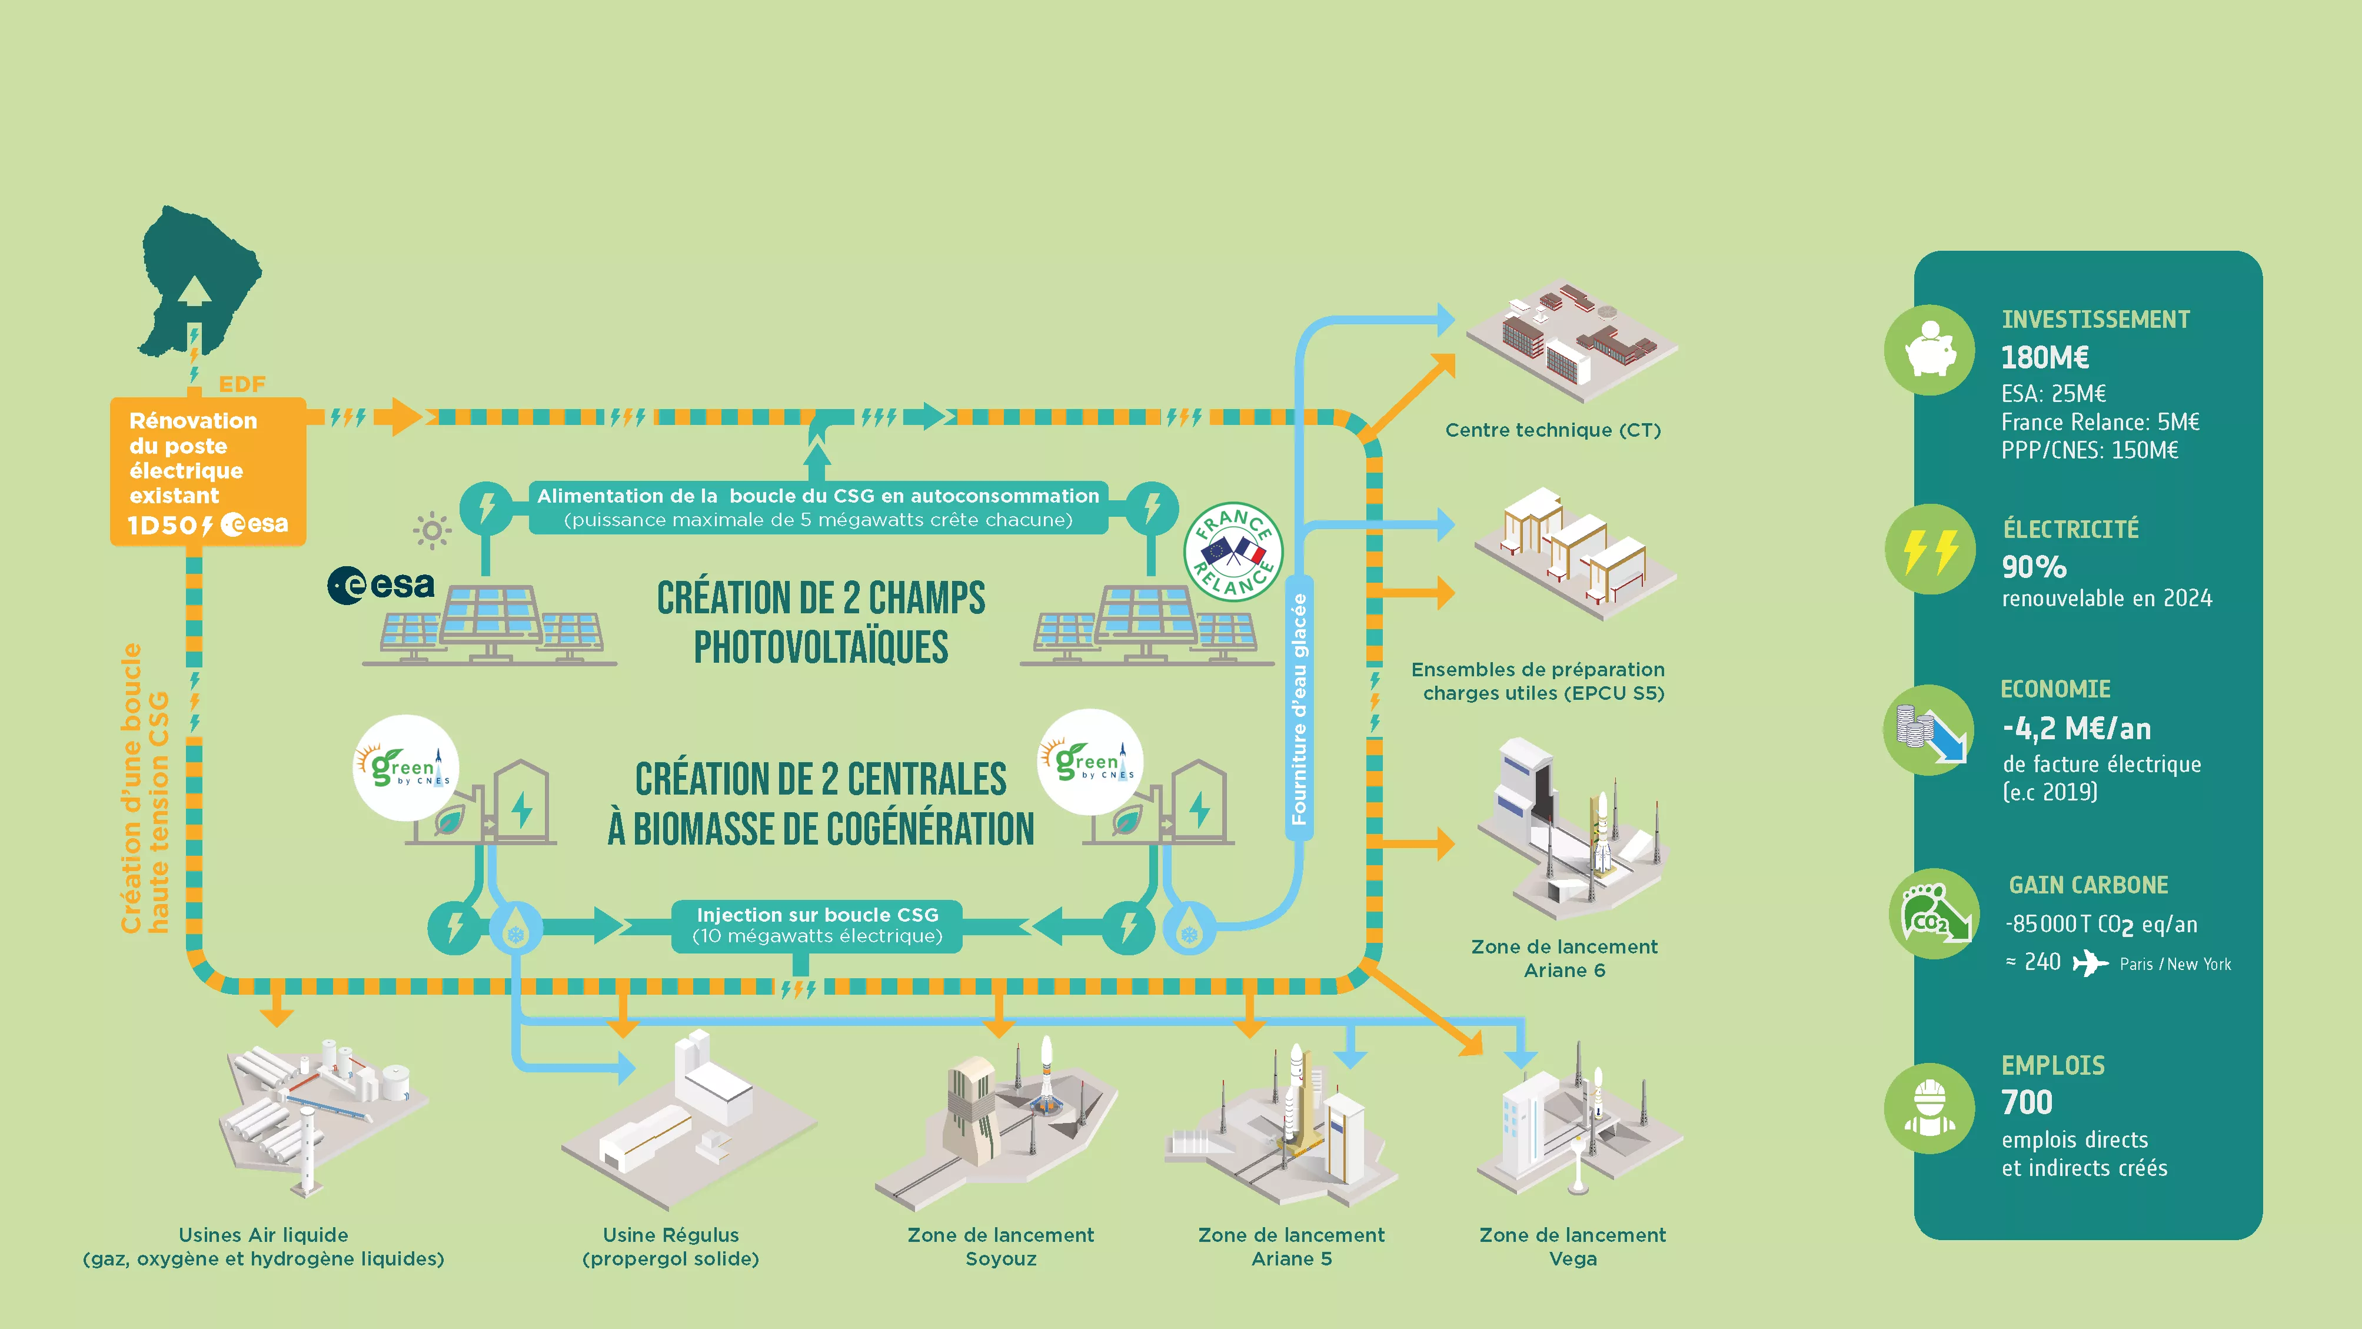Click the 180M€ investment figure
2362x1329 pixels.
tap(2045, 357)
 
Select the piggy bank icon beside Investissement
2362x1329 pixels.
tap(1929, 350)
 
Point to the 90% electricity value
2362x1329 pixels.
tap(2034, 567)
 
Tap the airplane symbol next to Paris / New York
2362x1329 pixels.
tap(2090, 963)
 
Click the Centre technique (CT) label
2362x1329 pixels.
tap(1552, 430)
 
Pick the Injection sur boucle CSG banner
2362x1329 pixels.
tap(817, 925)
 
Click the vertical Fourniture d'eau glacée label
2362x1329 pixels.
tap(1298, 708)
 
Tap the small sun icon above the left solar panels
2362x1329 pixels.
tap(432, 530)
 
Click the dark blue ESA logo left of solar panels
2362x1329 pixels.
tap(381, 585)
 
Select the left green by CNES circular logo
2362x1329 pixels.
tap(406, 767)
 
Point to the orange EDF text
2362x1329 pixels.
tap(242, 384)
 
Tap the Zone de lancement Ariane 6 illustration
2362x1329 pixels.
tap(1571, 830)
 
